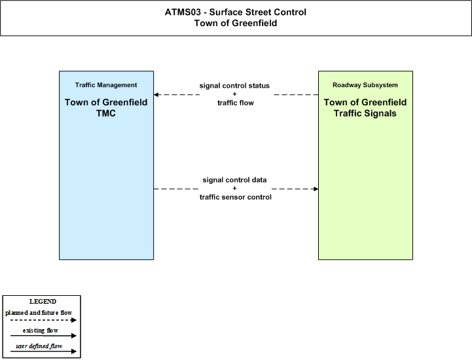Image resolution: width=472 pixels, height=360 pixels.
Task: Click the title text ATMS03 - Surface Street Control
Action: point(236,12)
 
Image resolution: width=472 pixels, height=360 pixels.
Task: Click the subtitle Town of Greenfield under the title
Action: point(236,23)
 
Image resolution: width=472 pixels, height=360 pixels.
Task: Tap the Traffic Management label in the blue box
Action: point(106,85)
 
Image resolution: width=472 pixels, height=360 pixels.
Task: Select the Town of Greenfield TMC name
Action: point(106,108)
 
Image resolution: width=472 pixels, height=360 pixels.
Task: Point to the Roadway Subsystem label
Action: point(365,85)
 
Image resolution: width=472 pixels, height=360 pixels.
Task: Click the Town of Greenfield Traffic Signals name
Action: point(365,108)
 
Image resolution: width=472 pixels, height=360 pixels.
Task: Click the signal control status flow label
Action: point(234,86)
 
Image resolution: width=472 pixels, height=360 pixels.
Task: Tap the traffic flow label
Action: point(236,103)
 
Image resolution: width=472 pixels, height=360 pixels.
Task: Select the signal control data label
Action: point(234,180)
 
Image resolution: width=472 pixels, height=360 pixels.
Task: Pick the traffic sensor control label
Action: point(236,197)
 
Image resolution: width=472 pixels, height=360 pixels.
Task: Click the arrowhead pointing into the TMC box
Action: point(156,95)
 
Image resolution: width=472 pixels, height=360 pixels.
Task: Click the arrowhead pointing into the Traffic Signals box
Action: point(316,189)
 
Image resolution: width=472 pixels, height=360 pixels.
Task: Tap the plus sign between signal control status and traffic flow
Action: point(234,94)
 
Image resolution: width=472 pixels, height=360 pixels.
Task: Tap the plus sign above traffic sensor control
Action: point(234,188)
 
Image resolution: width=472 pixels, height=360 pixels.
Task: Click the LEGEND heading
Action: point(43,302)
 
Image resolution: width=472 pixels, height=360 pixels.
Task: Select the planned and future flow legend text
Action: point(39,313)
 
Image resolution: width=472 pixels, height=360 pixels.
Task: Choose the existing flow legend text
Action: point(41,331)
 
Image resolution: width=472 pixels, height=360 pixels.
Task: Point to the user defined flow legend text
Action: point(39,346)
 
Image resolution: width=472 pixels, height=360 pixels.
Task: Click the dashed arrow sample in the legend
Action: point(43,320)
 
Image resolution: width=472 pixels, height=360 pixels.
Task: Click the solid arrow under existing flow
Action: point(43,336)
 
